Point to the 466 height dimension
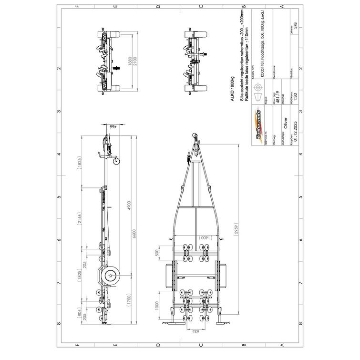click(x=113, y=127)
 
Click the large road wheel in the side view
click(x=110, y=275)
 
